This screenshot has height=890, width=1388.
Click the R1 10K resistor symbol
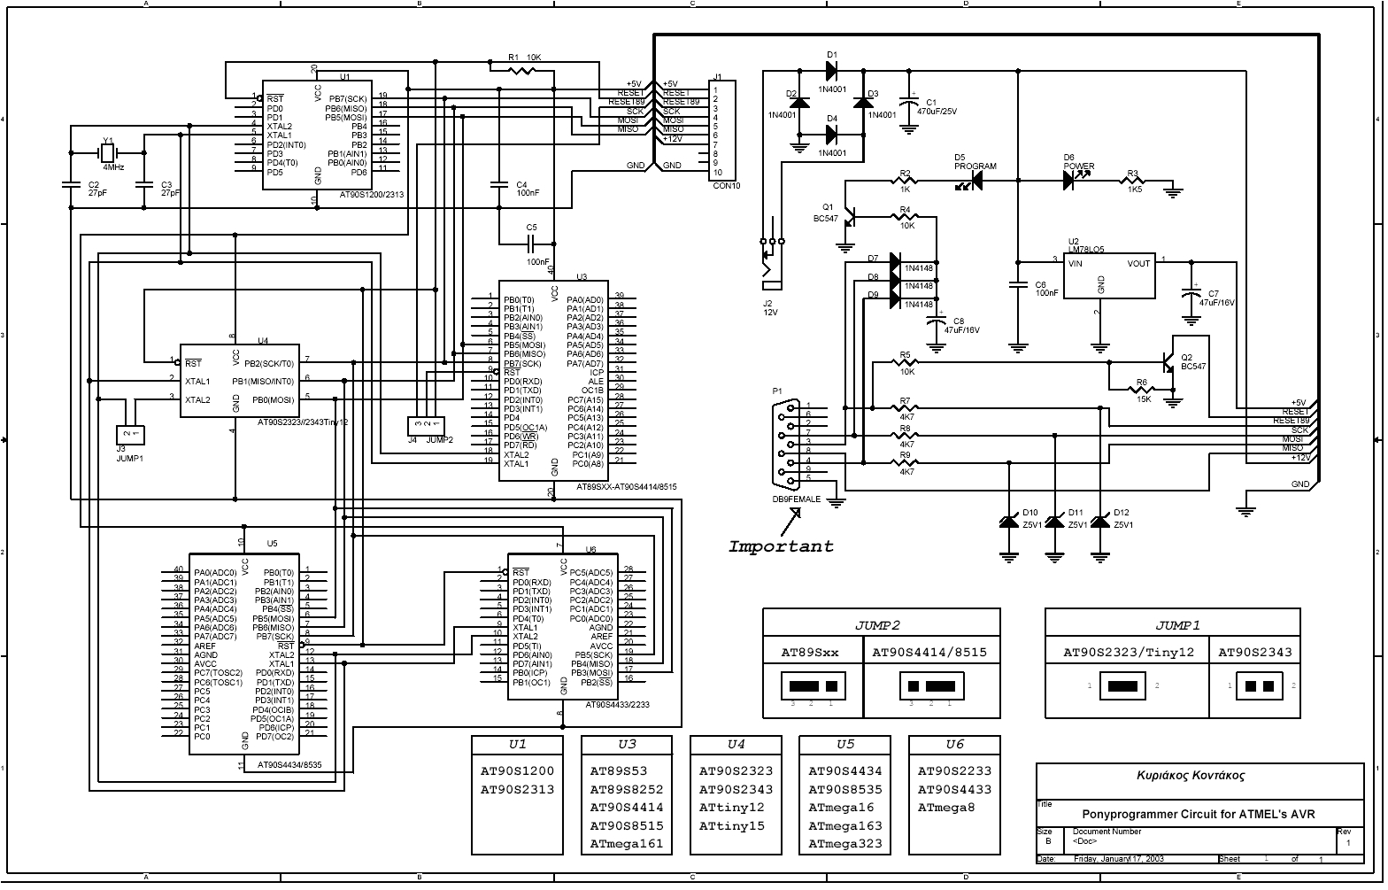click(523, 69)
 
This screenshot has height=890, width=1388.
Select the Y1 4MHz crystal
click(107, 153)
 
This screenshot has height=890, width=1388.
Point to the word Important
click(781, 546)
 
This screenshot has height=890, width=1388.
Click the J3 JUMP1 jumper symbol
click(130, 433)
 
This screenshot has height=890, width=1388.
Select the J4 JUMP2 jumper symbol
click(426, 426)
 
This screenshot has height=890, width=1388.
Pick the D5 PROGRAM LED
click(975, 181)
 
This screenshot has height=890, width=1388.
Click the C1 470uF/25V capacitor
click(908, 106)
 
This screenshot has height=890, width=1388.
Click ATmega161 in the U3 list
click(626, 844)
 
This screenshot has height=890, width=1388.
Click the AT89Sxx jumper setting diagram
click(813, 686)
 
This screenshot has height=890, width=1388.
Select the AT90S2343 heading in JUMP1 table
click(1254, 653)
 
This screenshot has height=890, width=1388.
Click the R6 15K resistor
click(1142, 388)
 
